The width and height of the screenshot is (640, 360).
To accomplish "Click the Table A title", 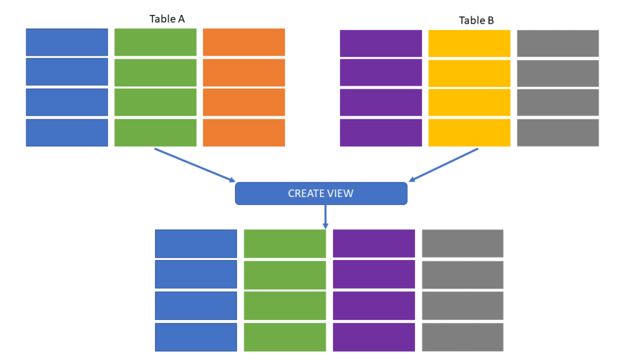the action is point(167,19).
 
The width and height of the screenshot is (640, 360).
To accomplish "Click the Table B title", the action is point(476,21).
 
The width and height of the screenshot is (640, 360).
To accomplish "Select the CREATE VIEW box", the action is point(321,194).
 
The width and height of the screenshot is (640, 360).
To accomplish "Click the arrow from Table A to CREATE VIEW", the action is point(195,165).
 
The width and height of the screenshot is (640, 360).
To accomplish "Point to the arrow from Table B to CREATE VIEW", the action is point(443,165).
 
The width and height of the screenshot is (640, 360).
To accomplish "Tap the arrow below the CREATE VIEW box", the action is point(325,217).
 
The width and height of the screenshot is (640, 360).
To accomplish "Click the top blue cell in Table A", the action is point(67,42).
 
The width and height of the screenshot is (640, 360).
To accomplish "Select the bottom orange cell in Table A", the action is point(244,132).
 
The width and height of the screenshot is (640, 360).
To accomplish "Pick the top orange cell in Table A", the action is point(244,42).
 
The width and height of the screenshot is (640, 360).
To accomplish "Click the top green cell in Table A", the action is point(156,42).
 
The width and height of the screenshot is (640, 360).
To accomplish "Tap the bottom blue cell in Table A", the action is point(67,132).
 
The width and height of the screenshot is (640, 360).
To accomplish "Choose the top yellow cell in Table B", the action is point(469,43).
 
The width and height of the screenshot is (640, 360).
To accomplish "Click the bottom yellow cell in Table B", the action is point(469,132).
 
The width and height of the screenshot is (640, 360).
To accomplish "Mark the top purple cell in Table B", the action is point(381,43).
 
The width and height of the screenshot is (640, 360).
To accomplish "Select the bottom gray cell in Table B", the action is point(558,132).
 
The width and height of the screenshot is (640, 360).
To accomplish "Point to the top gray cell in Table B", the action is point(558,43).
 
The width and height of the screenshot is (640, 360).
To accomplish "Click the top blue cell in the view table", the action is point(196,244).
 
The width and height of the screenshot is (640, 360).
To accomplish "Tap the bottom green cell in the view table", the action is point(285,337).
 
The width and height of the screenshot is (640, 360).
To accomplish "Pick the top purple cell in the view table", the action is point(374,244).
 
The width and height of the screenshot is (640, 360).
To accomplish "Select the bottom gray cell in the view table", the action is point(462,337).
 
